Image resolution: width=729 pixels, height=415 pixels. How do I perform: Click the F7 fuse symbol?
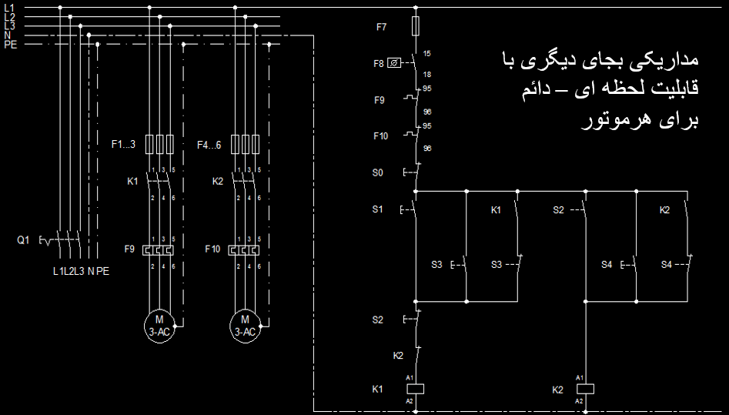tap(416, 26)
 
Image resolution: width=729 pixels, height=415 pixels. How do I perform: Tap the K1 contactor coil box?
tap(415, 389)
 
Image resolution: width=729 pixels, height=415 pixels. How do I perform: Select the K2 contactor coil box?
tap(585, 389)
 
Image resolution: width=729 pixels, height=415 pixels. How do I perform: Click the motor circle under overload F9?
tap(159, 326)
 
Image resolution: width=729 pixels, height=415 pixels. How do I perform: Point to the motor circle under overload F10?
tap(245, 326)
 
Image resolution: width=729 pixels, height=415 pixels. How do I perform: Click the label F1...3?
tap(123, 144)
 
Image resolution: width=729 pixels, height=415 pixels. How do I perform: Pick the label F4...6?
tap(209, 146)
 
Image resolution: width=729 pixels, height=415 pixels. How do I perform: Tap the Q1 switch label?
tap(23, 240)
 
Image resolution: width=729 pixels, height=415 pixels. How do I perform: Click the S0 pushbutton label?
tap(377, 172)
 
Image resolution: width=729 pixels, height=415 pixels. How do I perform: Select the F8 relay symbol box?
tap(394, 63)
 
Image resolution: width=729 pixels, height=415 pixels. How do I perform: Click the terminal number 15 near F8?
tap(426, 53)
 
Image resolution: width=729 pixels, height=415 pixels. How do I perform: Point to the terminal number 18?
tap(426, 75)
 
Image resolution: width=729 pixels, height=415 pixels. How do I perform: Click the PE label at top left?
tap(10, 45)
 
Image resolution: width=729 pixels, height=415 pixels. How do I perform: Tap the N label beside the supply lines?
tap(7, 35)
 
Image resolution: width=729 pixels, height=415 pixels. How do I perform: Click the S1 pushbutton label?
tap(377, 209)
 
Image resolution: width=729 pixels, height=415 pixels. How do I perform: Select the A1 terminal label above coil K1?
tap(410, 378)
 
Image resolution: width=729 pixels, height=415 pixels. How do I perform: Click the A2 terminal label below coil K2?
tap(580, 401)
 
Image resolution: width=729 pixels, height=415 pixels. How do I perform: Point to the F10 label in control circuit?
tap(380, 136)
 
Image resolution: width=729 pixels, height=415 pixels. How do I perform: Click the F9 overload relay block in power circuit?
tap(159, 250)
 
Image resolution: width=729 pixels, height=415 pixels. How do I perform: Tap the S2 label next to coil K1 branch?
tap(377, 320)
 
